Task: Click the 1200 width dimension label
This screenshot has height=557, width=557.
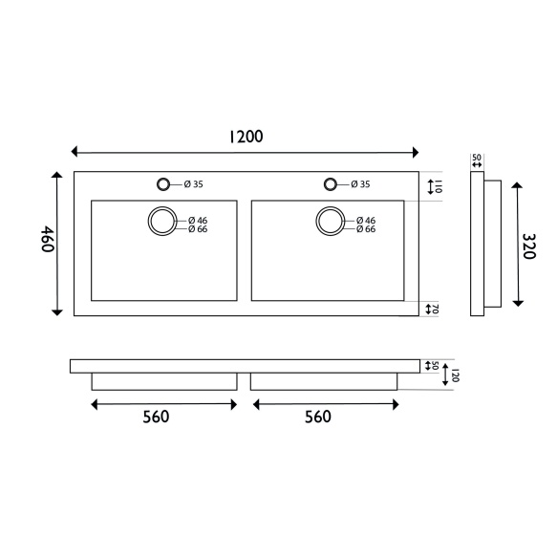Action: [246, 137]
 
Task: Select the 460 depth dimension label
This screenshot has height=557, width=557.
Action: [48, 239]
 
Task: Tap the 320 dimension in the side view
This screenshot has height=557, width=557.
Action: [529, 246]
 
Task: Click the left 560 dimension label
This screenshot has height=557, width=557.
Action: [156, 417]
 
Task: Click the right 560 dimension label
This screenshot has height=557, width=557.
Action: [318, 417]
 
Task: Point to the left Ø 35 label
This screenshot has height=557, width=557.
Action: [194, 184]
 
